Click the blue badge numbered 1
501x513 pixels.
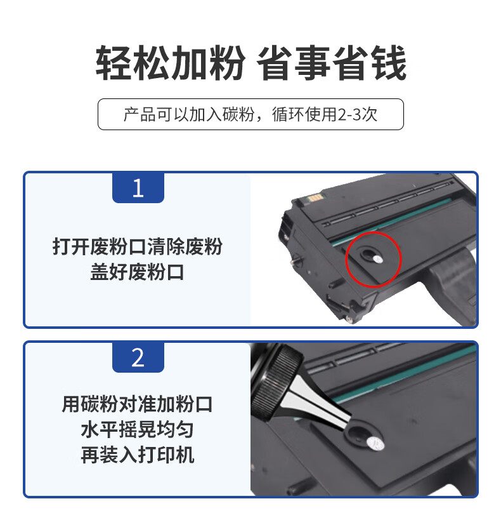[138, 188]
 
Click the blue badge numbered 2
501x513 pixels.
[138, 357]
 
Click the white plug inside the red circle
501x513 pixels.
[378, 259]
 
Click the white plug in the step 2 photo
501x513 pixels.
[375, 443]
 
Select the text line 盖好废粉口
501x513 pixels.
[137, 272]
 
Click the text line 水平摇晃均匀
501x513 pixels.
[137, 429]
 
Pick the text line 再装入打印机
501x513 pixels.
[137, 455]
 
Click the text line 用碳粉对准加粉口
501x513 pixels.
[137, 404]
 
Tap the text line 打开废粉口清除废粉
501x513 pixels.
[137, 246]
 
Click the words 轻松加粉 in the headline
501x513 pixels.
[170, 63]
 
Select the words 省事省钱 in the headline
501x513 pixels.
[332, 63]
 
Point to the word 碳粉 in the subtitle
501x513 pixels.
[238, 114]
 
